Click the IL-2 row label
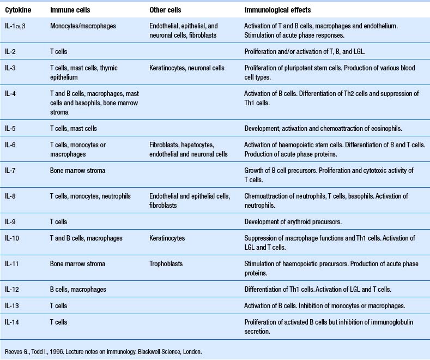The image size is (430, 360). coord(11,51)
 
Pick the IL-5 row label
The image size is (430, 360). coord(11,128)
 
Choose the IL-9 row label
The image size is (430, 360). coord(11,222)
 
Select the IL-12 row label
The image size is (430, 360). coord(13,289)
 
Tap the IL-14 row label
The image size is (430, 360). coord(13,322)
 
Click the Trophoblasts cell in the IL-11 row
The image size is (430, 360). coord(166,264)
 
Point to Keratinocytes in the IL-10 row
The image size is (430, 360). coord(167,238)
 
